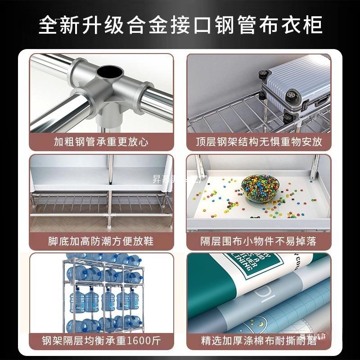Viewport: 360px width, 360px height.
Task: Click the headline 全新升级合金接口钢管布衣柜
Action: (x=180, y=25)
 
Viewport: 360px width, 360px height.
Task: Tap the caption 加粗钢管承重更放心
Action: (x=101, y=142)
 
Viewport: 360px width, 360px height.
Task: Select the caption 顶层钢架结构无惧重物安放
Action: (x=259, y=142)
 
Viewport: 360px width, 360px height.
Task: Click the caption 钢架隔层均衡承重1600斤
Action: (x=101, y=340)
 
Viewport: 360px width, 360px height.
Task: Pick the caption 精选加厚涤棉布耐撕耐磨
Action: (x=259, y=340)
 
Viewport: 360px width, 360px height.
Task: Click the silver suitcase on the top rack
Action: (x=295, y=83)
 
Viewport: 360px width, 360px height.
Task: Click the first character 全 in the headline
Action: (x=49, y=25)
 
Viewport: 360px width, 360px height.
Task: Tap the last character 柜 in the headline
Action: (x=312, y=25)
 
